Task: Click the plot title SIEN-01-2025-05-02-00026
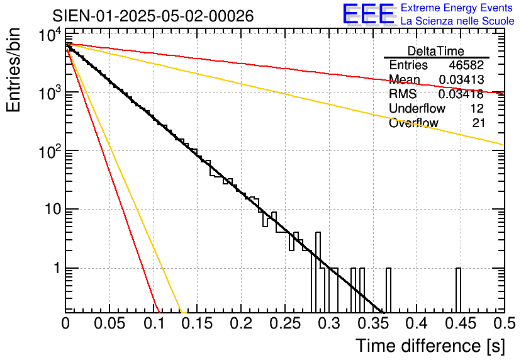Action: (154, 16)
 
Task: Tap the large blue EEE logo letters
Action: (368, 14)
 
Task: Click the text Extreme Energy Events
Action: (457, 8)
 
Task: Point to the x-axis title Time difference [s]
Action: (429, 346)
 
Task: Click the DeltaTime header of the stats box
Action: (435, 51)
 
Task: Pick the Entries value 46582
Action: (466, 65)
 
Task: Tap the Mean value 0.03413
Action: (461, 80)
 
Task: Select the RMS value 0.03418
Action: (461, 94)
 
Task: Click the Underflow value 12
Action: (476, 109)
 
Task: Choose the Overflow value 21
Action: (478, 123)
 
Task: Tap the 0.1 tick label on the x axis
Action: (154, 323)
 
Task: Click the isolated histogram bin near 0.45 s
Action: (458, 290)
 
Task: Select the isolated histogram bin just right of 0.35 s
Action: (388, 290)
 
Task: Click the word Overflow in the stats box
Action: (413, 123)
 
